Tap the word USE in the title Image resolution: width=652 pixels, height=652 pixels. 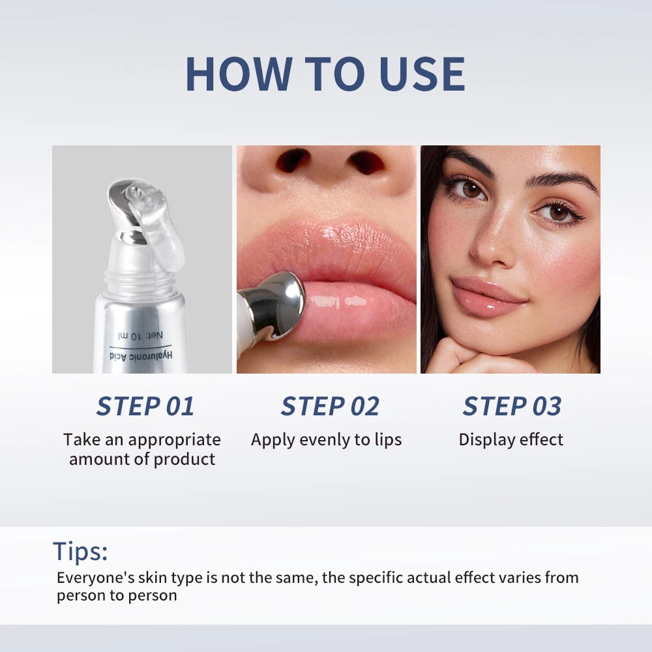pos(418,74)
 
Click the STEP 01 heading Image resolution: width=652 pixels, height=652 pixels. pos(145,406)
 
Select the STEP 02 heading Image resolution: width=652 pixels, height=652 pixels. pos(330,406)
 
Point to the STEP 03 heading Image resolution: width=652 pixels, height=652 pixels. pos(512,406)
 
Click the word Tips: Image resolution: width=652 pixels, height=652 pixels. pos(80,552)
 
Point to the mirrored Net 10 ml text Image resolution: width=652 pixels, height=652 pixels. pos(140,335)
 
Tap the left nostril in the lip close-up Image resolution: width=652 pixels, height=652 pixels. pos(293,160)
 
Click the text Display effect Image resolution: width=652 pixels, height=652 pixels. pos(511,439)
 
